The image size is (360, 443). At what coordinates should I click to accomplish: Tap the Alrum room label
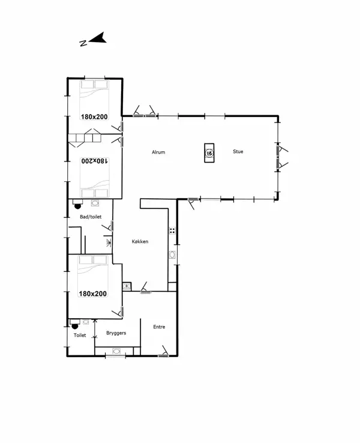[158, 152]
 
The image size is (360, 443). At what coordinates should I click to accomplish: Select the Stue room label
[238, 151]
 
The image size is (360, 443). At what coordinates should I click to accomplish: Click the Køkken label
[140, 241]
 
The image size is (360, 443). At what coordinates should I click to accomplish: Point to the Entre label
[159, 327]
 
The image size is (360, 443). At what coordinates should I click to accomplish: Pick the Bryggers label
[116, 333]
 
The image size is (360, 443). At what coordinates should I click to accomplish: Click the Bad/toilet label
[90, 217]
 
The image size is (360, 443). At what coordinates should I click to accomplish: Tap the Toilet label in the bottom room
[80, 336]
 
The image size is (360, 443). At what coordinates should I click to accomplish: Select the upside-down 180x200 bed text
[94, 161]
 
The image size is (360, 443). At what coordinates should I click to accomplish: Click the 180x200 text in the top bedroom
[94, 117]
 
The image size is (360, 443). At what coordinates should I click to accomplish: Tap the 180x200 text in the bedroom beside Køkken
[93, 294]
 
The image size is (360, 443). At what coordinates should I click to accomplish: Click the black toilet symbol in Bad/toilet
[77, 205]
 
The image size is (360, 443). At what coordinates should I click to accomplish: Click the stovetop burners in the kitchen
[172, 230]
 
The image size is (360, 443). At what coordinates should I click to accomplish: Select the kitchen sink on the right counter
[173, 255]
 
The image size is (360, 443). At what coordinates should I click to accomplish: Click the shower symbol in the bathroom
[108, 243]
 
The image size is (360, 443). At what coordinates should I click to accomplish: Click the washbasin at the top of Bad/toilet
[95, 203]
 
